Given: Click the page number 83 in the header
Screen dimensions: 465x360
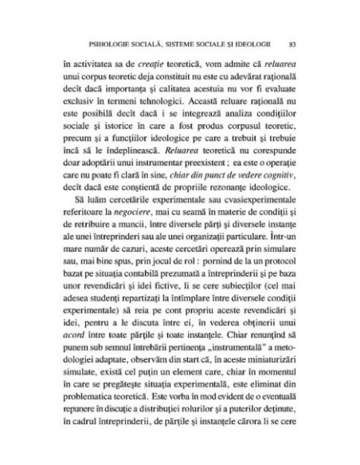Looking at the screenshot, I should pyautogui.click(x=293, y=43).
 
